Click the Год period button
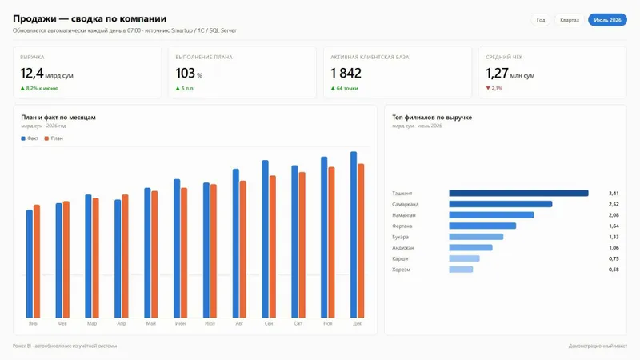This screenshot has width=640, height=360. point(541,20)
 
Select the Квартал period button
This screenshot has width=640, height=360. point(570,20)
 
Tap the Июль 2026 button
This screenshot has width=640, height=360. point(607,20)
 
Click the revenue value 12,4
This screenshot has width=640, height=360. point(32,74)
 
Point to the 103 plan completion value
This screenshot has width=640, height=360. point(186,74)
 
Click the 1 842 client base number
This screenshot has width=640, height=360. point(346,74)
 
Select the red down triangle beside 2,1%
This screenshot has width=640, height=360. point(488,88)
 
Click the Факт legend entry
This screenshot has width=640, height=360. point(30,138)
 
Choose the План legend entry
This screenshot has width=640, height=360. point(54,138)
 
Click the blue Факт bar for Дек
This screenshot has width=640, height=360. point(354,234)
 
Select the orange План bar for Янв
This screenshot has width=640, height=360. point(37,262)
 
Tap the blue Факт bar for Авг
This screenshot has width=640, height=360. point(236,243)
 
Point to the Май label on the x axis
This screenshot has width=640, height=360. point(150,323)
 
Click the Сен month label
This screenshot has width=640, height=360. point(269,323)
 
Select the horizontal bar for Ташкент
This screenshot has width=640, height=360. point(518,193)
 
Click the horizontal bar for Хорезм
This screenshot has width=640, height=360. point(462,270)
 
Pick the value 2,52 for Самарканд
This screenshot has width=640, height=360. point(614,204)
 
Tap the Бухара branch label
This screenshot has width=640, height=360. point(401,237)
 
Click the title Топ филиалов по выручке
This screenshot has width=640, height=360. point(432,117)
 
